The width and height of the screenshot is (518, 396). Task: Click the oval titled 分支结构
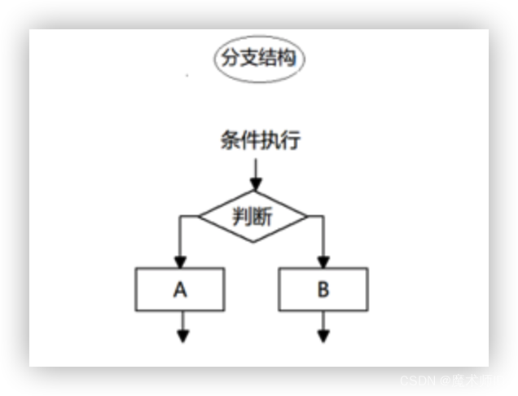(258, 59)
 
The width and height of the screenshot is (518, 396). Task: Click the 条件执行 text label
(260, 141)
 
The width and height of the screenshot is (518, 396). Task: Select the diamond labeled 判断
(253, 218)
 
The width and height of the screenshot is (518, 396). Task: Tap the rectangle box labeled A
(181, 289)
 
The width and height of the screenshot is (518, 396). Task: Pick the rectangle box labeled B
(323, 289)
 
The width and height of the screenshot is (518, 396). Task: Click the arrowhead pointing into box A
(181, 262)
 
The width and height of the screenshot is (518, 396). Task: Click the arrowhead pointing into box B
(323, 262)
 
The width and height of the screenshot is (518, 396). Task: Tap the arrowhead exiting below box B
(323, 335)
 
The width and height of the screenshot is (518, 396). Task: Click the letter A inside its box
(181, 289)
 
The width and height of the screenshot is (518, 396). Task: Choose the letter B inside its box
(323, 289)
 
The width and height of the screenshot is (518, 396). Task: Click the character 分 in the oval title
(228, 59)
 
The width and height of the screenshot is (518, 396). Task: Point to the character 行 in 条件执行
(291, 141)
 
